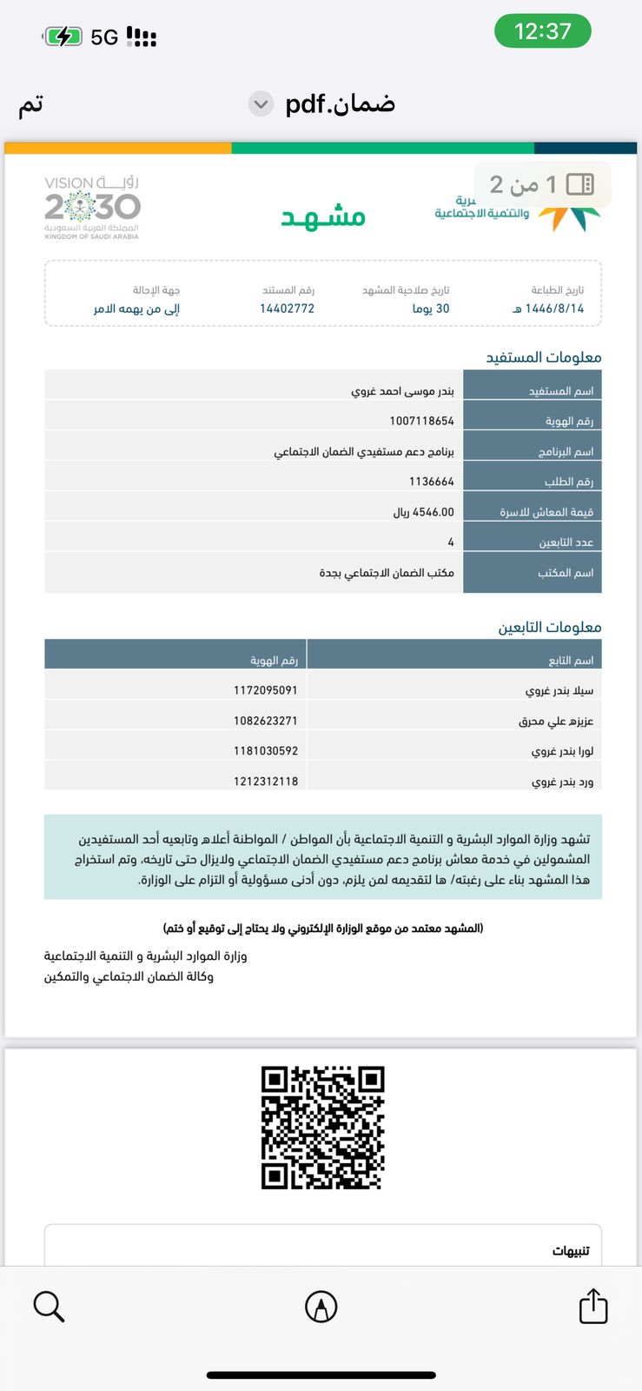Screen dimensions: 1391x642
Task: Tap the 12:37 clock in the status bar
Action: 542,31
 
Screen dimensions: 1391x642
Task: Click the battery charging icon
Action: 63,37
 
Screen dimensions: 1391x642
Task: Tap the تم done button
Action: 31,104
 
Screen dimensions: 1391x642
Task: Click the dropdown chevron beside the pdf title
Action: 260,104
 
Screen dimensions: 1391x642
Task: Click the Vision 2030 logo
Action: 92,207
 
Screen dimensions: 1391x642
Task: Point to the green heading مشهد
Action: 323,216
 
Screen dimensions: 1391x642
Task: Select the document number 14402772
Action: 287,309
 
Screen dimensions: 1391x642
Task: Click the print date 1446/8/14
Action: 549,309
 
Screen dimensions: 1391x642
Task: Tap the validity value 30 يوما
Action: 431,309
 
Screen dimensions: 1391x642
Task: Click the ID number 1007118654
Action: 421,421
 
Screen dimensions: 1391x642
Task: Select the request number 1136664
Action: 431,482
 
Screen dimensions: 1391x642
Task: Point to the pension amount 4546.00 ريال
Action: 423,512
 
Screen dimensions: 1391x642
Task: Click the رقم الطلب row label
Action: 568,482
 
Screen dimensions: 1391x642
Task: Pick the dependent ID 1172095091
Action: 265,690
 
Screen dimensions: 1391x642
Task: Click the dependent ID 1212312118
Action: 265,782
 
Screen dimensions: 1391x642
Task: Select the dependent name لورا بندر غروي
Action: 562,751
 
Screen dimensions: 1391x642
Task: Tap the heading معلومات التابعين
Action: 549,627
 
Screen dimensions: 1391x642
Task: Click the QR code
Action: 322,1128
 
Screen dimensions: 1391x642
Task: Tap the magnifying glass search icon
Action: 49,1306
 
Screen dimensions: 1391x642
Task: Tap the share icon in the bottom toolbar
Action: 593,1306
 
